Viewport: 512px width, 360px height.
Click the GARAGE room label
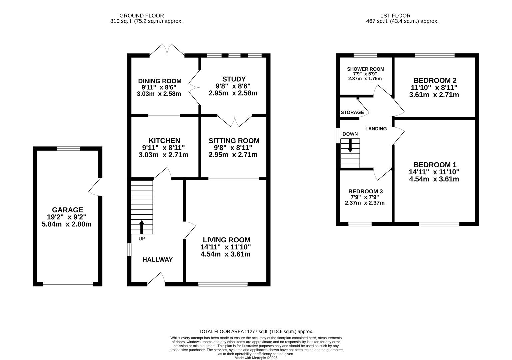[x=67, y=210]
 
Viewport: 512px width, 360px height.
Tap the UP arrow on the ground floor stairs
[x=142, y=227]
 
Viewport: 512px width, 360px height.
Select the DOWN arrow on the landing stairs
[x=350, y=146]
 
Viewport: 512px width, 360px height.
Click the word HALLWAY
[x=157, y=260]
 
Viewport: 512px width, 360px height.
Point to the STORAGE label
[x=352, y=112]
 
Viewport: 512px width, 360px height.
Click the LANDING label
[x=376, y=129]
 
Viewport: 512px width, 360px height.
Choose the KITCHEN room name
[x=164, y=141]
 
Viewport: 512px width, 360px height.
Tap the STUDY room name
[x=234, y=79]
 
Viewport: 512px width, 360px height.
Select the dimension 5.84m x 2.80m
[x=67, y=224]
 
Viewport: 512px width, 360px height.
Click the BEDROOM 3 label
[x=365, y=191]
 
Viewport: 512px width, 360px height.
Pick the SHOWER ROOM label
[x=365, y=69]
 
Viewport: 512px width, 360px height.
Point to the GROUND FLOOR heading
[x=141, y=16]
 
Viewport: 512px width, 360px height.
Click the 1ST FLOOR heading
[x=395, y=16]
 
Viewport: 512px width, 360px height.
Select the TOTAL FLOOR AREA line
[x=256, y=331]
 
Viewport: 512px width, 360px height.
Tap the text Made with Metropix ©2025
[x=256, y=358]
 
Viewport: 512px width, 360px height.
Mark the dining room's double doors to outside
[x=167, y=50]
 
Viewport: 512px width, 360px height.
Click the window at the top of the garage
[x=69, y=149]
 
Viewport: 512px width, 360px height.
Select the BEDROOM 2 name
[x=435, y=80]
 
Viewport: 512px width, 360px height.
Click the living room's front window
[x=223, y=284]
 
